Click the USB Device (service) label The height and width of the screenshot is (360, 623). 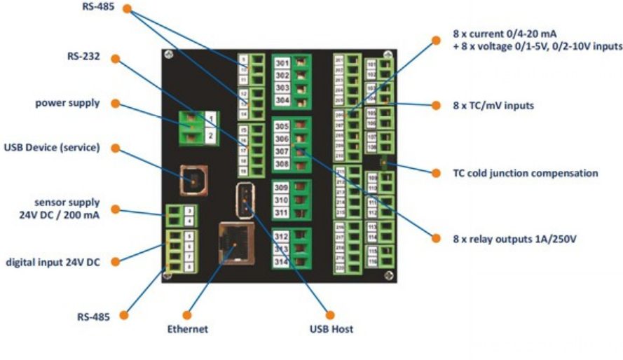coord(52,148)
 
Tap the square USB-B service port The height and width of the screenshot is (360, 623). coord(191,179)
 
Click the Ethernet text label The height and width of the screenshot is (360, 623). coord(188,328)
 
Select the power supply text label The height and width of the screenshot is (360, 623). coord(67,103)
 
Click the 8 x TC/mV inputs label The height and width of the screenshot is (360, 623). coord(493,106)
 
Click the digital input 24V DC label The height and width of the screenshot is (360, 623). coord(53,262)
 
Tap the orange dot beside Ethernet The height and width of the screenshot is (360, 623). coord(187,314)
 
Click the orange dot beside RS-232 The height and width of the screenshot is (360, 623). coord(116,59)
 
